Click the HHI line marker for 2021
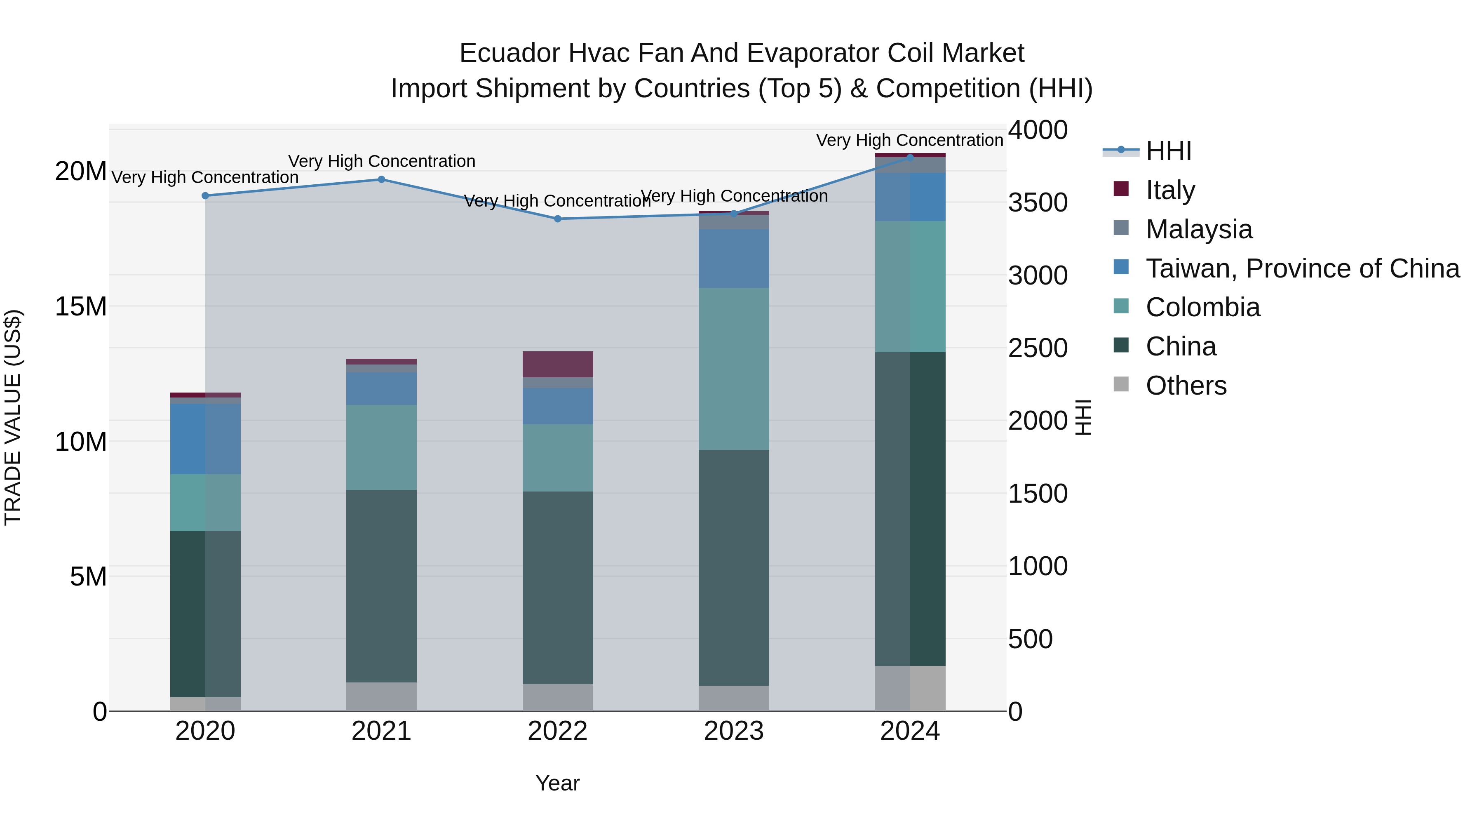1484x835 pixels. point(381,179)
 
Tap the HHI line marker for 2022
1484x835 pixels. point(558,219)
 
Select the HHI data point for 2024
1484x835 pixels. point(910,157)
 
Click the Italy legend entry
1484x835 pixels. point(1170,190)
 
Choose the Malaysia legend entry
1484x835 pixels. point(1199,229)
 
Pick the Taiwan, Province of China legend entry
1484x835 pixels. point(1302,268)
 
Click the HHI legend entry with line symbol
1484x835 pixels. point(1168,151)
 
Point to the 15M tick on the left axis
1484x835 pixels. point(81,306)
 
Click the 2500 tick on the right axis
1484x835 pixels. point(1038,348)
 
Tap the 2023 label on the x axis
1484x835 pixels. point(733,731)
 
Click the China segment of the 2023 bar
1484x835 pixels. point(733,568)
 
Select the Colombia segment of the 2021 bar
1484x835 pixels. point(381,447)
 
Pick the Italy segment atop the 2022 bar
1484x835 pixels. point(558,364)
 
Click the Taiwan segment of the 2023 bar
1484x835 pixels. point(733,258)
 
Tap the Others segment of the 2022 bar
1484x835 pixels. point(558,697)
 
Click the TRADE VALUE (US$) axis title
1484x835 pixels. point(13,417)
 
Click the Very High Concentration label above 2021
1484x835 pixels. point(381,161)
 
